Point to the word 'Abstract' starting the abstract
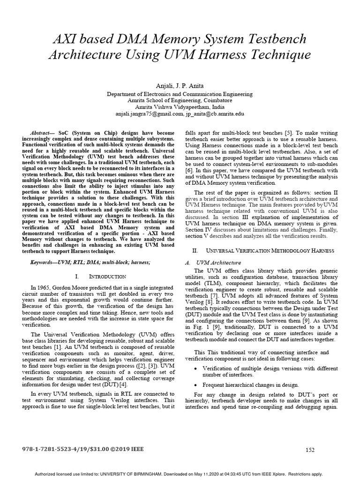coord(42,133)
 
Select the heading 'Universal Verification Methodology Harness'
coord(262,251)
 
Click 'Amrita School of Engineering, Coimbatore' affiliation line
coord(180,100)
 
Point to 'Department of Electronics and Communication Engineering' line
coord(180,94)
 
